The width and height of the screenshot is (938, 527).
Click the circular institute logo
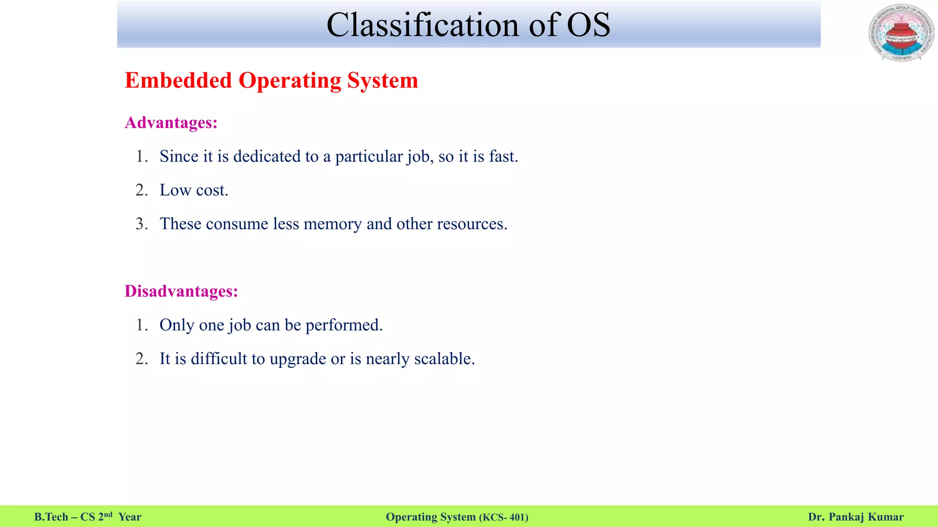pos(901,33)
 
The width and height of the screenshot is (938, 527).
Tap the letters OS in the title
pos(589,25)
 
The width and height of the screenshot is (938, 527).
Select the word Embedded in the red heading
pos(178,81)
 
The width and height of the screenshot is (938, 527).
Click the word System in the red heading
pos(382,81)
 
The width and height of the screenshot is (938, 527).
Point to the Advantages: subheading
pos(171,123)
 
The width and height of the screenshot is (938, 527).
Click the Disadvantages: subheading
pos(181,291)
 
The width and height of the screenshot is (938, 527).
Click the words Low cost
pos(194,190)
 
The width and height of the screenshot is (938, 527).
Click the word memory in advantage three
pos(333,224)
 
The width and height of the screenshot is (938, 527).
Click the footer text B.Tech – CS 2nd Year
pos(87,517)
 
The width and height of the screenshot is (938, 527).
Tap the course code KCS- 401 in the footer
pos(504,517)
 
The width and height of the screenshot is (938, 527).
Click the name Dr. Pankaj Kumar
pos(856,517)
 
